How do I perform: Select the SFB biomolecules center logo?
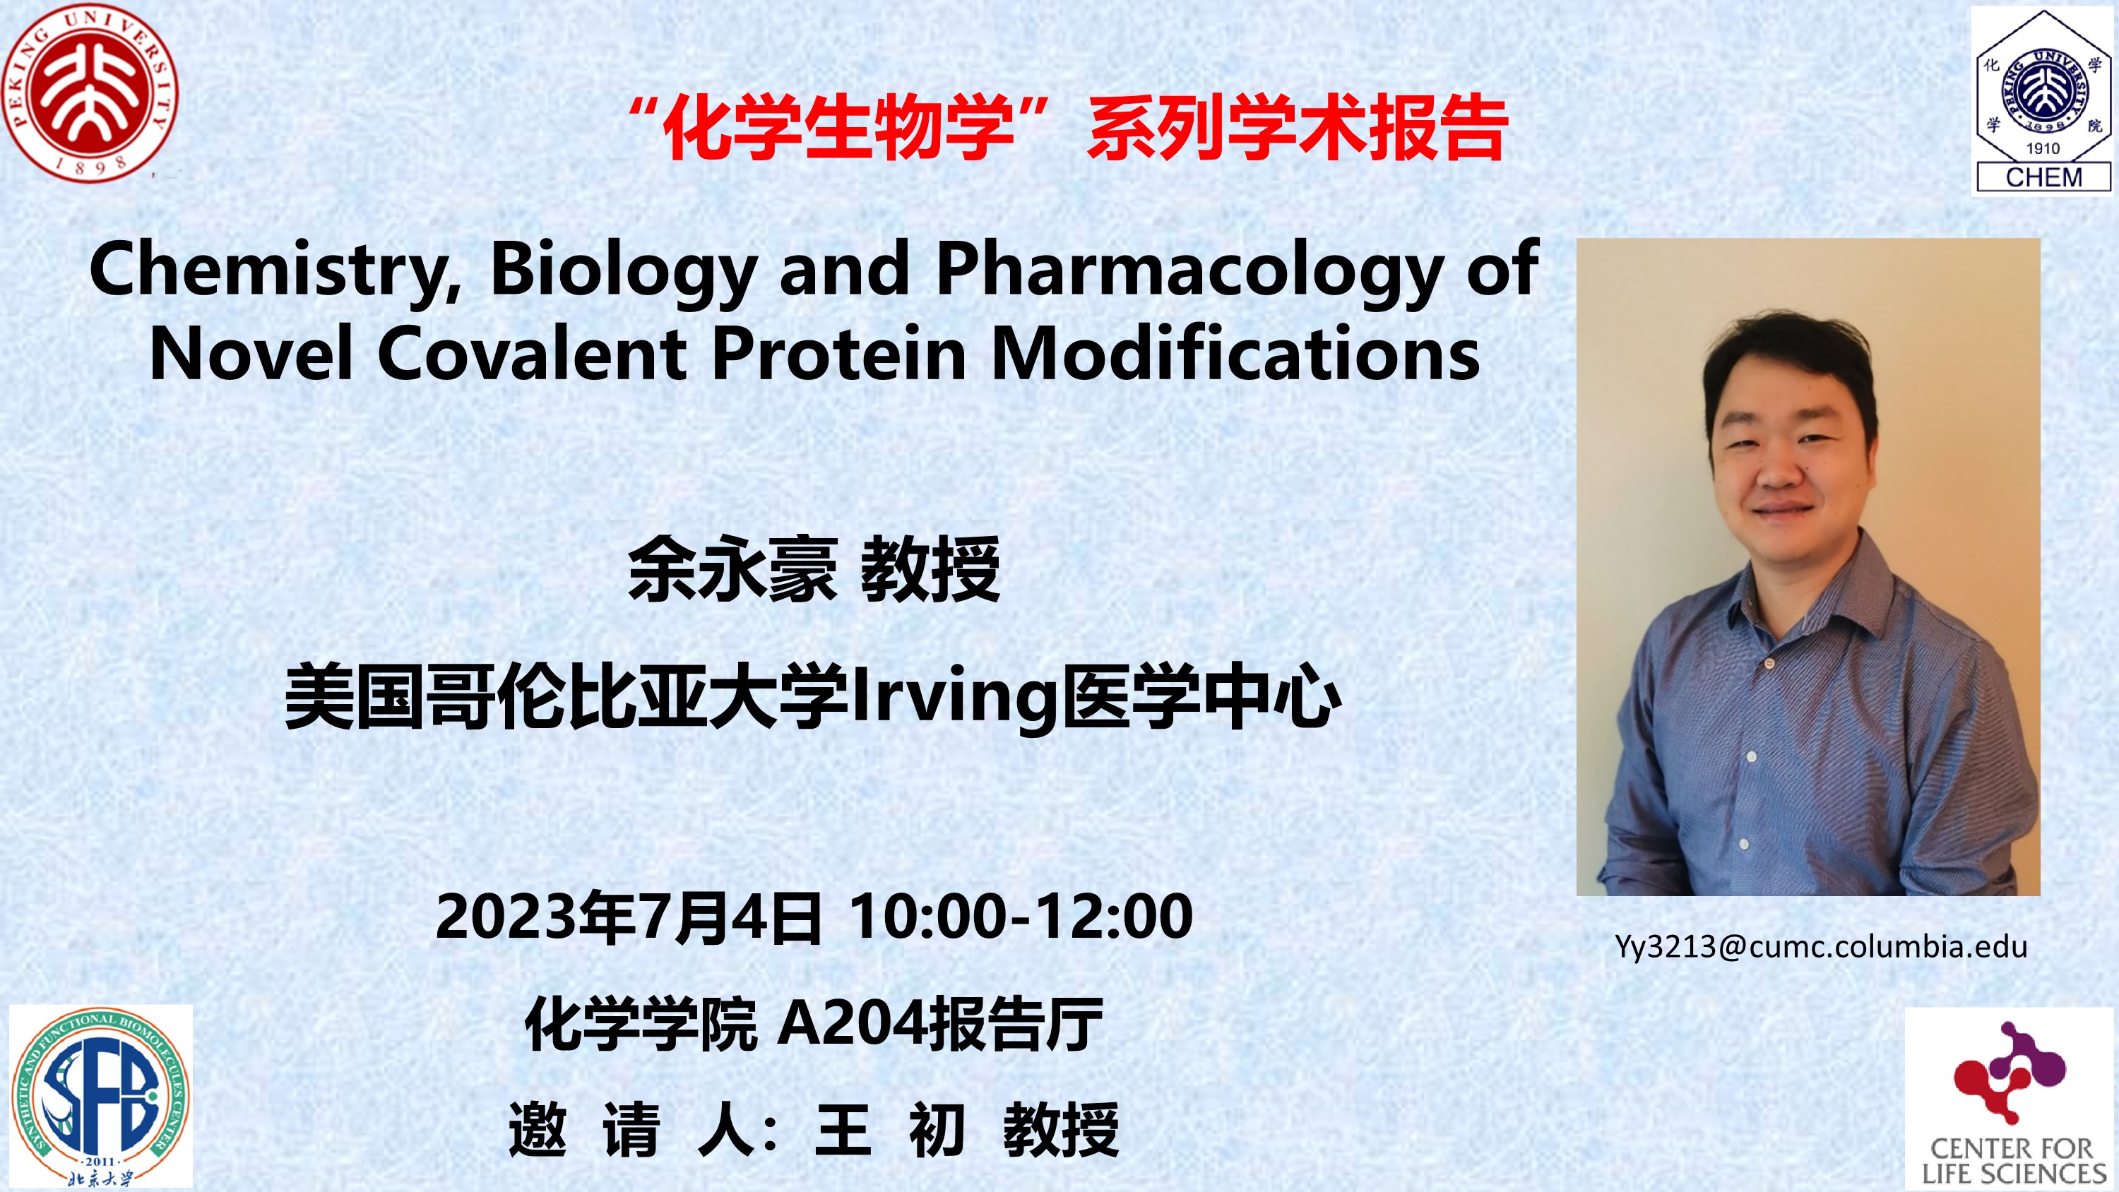pyautogui.click(x=100, y=1096)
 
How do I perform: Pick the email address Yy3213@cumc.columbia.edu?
pyautogui.click(x=1820, y=948)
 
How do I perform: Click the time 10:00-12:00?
pyautogui.click(x=1021, y=917)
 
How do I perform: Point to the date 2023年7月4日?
pyautogui.click(x=629, y=917)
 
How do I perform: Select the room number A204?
pyautogui.click(x=851, y=1023)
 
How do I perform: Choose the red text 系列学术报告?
pyautogui.click(x=1298, y=129)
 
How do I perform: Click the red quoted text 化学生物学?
pyautogui.click(x=838, y=129)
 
